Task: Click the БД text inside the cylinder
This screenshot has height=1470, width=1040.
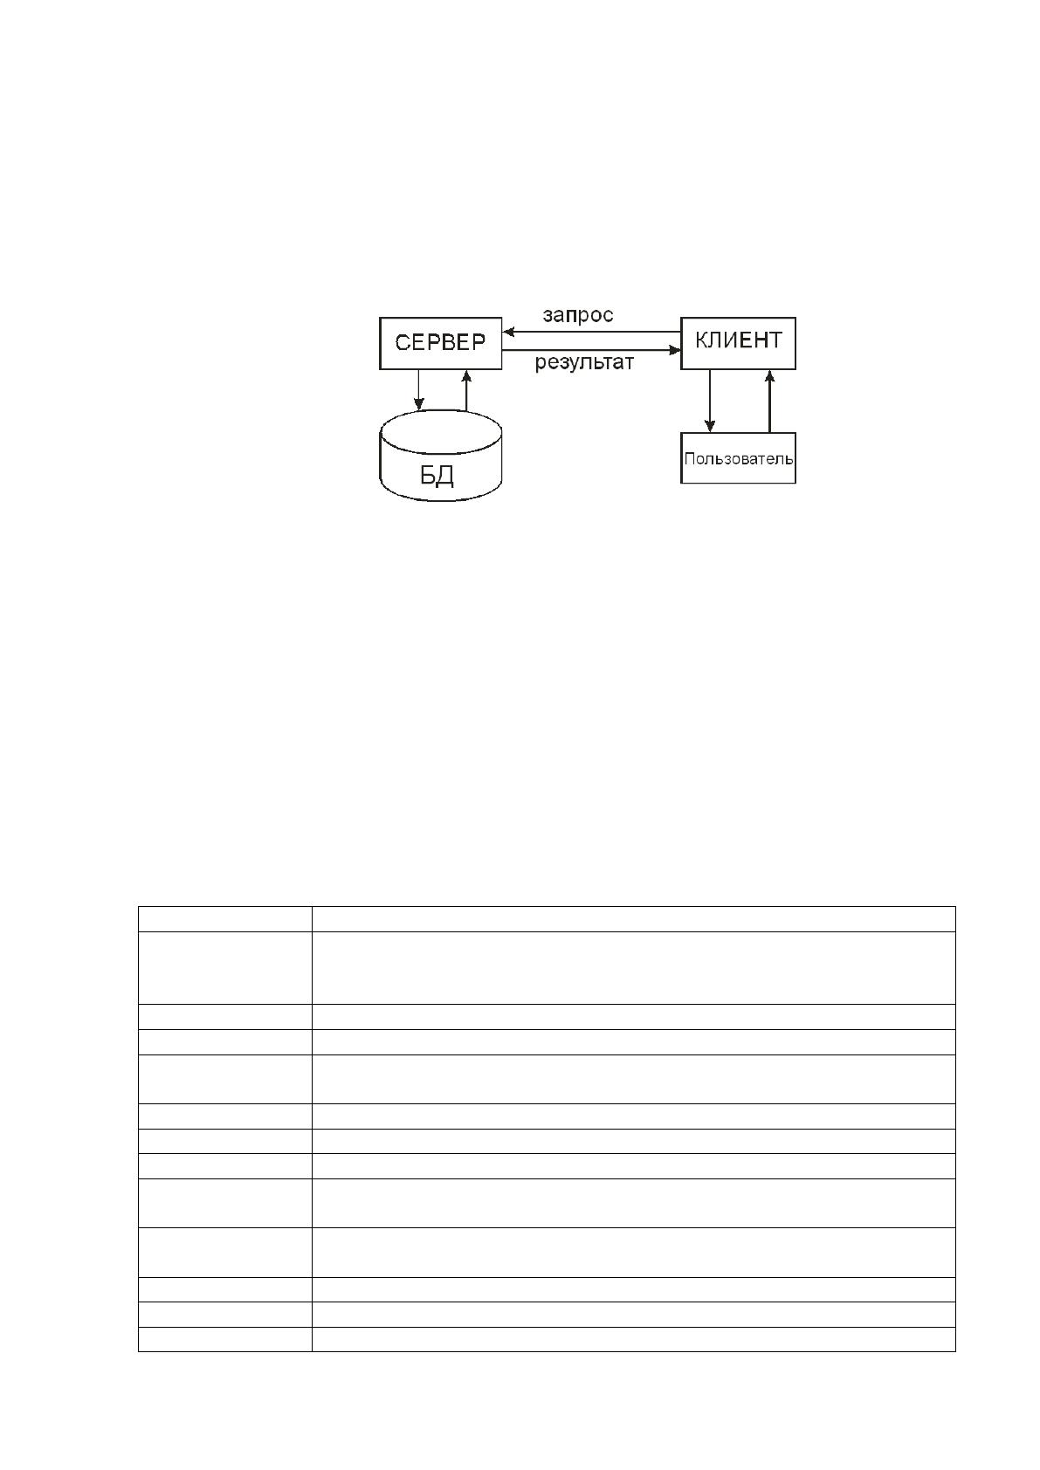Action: click(x=437, y=476)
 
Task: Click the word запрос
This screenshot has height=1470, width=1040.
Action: click(x=578, y=316)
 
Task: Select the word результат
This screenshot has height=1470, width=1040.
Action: click(x=584, y=362)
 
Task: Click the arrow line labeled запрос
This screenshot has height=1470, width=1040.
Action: click(x=591, y=332)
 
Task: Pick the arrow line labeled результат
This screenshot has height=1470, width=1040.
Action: click(x=591, y=350)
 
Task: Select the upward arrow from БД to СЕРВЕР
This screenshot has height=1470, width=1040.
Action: click(x=466, y=390)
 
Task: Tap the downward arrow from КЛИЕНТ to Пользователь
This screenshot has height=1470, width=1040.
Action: click(x=709, y=401)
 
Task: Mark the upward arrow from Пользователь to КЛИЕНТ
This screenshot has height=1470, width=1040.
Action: click(x=769, y=401)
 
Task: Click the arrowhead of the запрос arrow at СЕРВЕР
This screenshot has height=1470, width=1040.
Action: click(x=507, y=332)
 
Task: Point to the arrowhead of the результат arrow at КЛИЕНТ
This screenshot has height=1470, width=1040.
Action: click(x=675, y=350)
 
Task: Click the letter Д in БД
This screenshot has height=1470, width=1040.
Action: click(x=446, y=477)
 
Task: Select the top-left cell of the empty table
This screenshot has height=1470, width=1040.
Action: click(x=224, y=918)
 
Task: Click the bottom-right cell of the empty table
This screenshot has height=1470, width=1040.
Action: click(x=634, y=1339)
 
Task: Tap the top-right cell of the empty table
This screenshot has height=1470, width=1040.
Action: click(x=634, y=918)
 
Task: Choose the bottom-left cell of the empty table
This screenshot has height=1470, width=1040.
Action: click(x=224, y=1339)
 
